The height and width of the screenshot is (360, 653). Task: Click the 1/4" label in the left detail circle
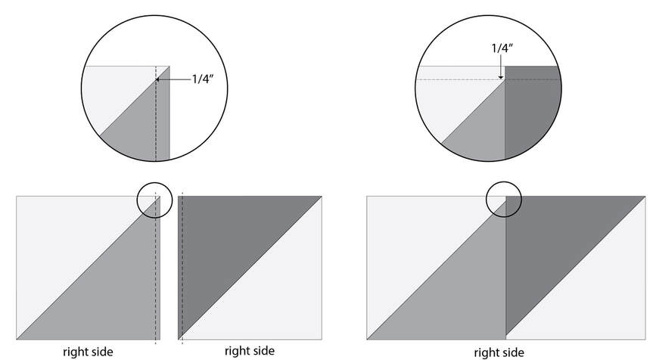pyautogui.click(x=202, y=79)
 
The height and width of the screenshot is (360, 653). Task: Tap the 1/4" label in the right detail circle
pyautogui.click(x=502, y=48)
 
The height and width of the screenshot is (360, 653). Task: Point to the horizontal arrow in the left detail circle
pyautogui.click(x=173, y=79)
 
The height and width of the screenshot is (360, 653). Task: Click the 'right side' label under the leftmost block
pyautogui.click(x=88, y=352)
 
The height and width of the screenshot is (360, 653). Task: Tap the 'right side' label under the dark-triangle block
pyautogui.click(x=250, y=351)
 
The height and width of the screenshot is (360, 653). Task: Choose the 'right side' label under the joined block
pyautogui.click(x=499, y=353)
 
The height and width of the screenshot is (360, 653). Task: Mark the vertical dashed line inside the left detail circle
pyautogui.click(x=156, y=113)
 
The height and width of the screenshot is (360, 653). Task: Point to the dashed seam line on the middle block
pyautogui.click(x=182, y=268)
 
